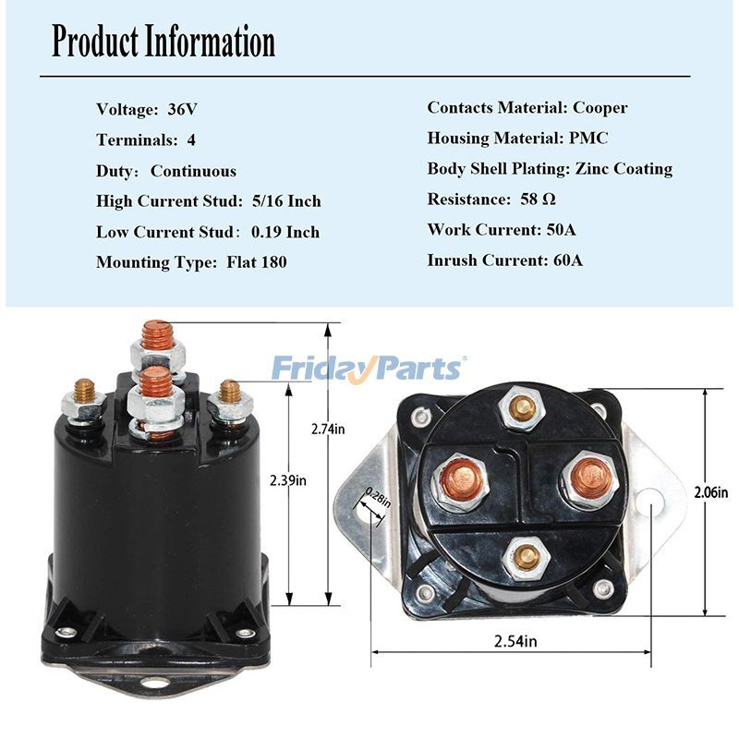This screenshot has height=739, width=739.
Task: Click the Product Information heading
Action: tap(163, 42)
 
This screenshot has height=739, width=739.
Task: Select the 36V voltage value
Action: tap(182, 109)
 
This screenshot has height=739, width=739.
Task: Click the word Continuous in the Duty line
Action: tap(193, 171)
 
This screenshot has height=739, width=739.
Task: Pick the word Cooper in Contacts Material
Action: tap(600, 107)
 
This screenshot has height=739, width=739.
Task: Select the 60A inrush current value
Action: tap(563, 260)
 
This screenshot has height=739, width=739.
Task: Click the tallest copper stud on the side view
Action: tap(156, 334)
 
